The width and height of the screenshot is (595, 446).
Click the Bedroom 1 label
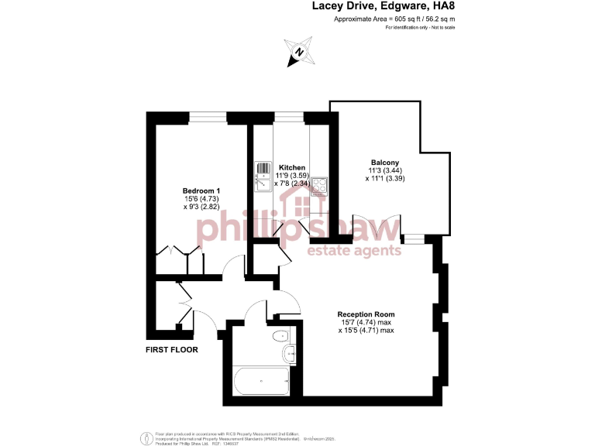coord(201,191)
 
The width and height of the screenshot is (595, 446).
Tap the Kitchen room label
coord(292,167)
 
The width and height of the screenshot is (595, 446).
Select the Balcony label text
coord(384,162)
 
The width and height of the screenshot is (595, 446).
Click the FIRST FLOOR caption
coord(172,350)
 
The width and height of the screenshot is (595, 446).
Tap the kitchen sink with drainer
coord(262,177)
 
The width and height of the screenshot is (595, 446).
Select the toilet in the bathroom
coord(282,336)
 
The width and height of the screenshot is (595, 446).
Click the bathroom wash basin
coord(289,355)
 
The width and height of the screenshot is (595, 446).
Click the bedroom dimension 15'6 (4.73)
coord(201,200)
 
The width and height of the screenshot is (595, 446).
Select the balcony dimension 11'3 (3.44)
coord(384,170)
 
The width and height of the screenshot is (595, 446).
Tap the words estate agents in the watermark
coord(355,250)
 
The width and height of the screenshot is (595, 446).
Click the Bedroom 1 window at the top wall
coord(208,117)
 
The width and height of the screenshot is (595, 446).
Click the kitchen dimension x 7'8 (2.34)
coord(292,184)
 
